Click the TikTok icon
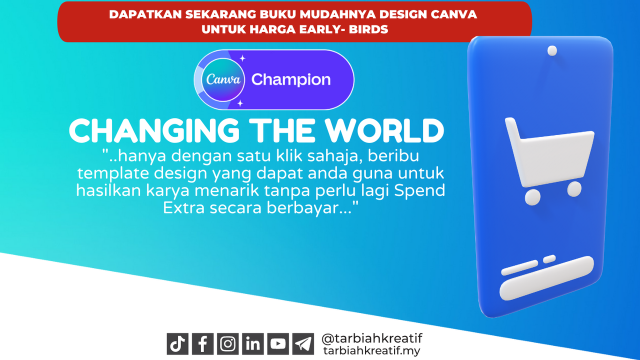177,343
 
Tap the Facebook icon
202,343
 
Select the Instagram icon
227,343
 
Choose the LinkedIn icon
253,343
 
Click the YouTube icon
278,343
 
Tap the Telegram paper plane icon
303,343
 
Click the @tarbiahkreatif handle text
371,338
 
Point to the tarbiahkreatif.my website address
371,351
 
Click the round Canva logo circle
223,79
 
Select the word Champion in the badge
291,79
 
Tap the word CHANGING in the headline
154,130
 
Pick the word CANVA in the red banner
453,14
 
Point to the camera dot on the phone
552,51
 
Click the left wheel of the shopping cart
532,197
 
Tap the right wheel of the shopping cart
574,189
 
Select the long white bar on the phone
546,278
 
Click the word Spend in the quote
419,191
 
